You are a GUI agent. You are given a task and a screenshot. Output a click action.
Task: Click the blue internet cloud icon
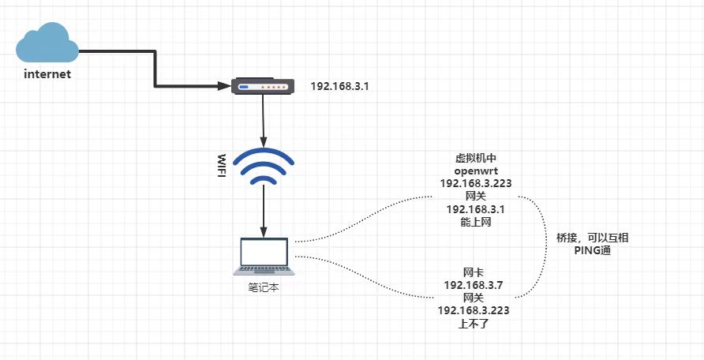(x=47, y=43)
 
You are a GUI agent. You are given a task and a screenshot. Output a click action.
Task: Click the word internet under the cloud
(x=47, y=74)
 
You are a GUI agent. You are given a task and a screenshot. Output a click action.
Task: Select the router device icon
(x=262, y=85)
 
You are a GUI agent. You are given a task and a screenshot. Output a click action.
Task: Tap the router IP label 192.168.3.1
(x=339, y=84)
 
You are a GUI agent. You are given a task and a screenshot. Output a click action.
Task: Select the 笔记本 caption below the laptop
(x=264, y=288)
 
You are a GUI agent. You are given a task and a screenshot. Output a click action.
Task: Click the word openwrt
(x=476, y=171)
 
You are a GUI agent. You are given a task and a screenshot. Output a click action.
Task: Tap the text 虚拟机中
(x=476, y=157)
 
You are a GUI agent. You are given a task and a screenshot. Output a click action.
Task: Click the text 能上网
(x=476, y=223)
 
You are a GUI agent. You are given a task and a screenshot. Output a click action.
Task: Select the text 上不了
(x=474, y=323)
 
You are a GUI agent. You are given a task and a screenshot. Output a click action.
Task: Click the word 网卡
(x=474, y=272)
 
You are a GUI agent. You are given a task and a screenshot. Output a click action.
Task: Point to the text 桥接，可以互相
(x=592, y=237)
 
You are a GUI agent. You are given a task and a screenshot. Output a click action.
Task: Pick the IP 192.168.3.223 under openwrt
(x=476, y=183)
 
